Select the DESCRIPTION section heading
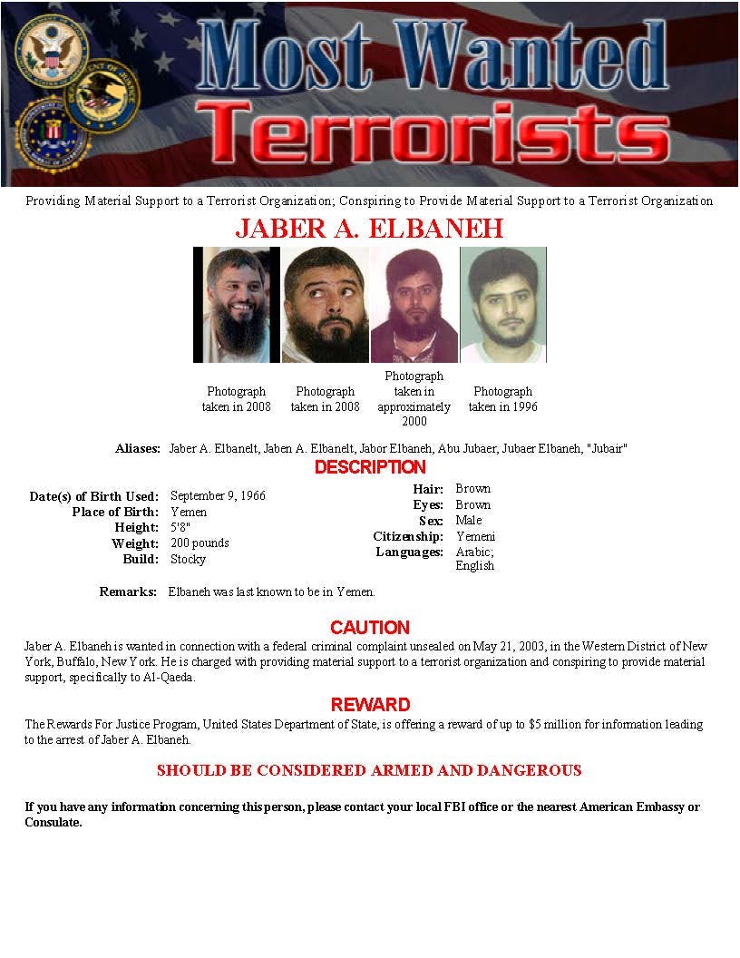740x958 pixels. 369,467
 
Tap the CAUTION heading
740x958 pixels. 369,627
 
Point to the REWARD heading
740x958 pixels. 369,704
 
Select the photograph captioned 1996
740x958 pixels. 503,305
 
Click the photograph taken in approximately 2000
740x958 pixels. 414,305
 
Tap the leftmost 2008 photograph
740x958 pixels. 237,305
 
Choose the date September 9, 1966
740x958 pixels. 218,496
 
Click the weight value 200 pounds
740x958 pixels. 200,543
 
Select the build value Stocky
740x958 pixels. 188,559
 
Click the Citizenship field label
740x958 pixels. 408,536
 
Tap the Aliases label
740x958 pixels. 138,449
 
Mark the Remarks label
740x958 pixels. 128,591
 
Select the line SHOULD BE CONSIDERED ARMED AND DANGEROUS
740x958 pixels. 369,770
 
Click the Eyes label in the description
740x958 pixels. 428,504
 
